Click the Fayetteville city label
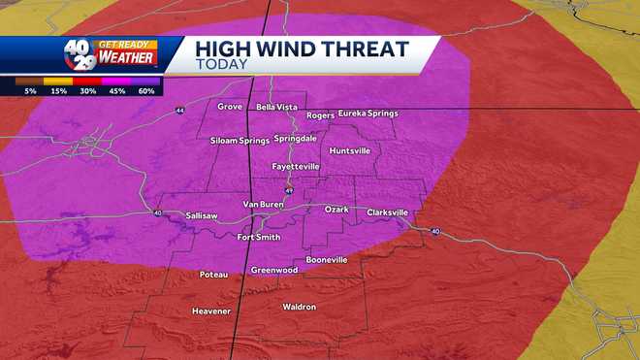(x=295, y=167)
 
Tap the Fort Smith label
(x=259, y=237)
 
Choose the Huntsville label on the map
(x=350, y=151)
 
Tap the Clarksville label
(x=388, y=212)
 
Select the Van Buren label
(x=262, y=205)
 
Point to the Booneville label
(x=326, y=260)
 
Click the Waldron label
(x=299, y=307)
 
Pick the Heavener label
(x=211, y=311)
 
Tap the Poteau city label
(x=213, y=275)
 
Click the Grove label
(x=230, y=106)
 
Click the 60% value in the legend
(x=146, y=90)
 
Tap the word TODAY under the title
(x=221, y=65)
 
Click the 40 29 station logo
(x=80, y=53)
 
